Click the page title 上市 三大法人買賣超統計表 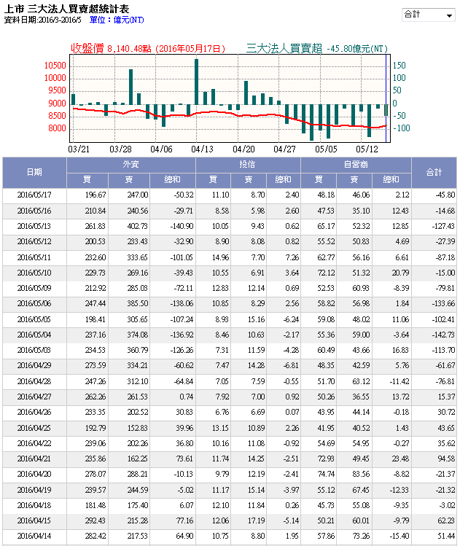(x=67, y=8)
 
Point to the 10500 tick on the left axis (x=55, y=66)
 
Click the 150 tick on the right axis (x=399, y=66)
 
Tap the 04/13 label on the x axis (x=202, y=148)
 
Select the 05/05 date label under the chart (x=327, y=148)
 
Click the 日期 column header (x=34, y=172)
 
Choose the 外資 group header (x=130, y=165)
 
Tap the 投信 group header (x=249, y=165)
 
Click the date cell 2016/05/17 (x=34, y=195)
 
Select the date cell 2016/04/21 (x=34, y=459)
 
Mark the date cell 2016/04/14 (x=34, y=536)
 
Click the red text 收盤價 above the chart (x=87, y=48)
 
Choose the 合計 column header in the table (x=434, y=172)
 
